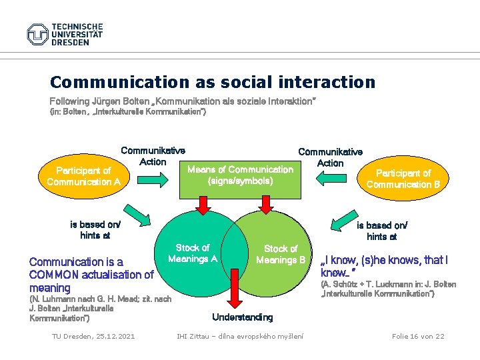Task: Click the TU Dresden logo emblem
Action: click(38, 34)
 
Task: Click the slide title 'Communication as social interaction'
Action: click(213, 82)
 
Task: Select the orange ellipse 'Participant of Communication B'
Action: click(408, 179)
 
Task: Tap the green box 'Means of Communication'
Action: click(240, 175)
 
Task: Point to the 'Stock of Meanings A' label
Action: click(193, 253)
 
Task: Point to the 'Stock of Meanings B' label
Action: click(281, 254)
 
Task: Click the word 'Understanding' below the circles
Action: click(242, 317)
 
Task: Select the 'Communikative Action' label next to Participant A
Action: click(153, 156)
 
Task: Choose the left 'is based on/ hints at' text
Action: click(95, 229)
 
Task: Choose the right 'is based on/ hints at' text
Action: click(382, 231)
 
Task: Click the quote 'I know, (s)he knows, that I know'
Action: click(384, 266)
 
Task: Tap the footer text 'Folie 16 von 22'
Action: click(418, 336)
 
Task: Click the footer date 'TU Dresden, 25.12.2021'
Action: click(93, 336)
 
